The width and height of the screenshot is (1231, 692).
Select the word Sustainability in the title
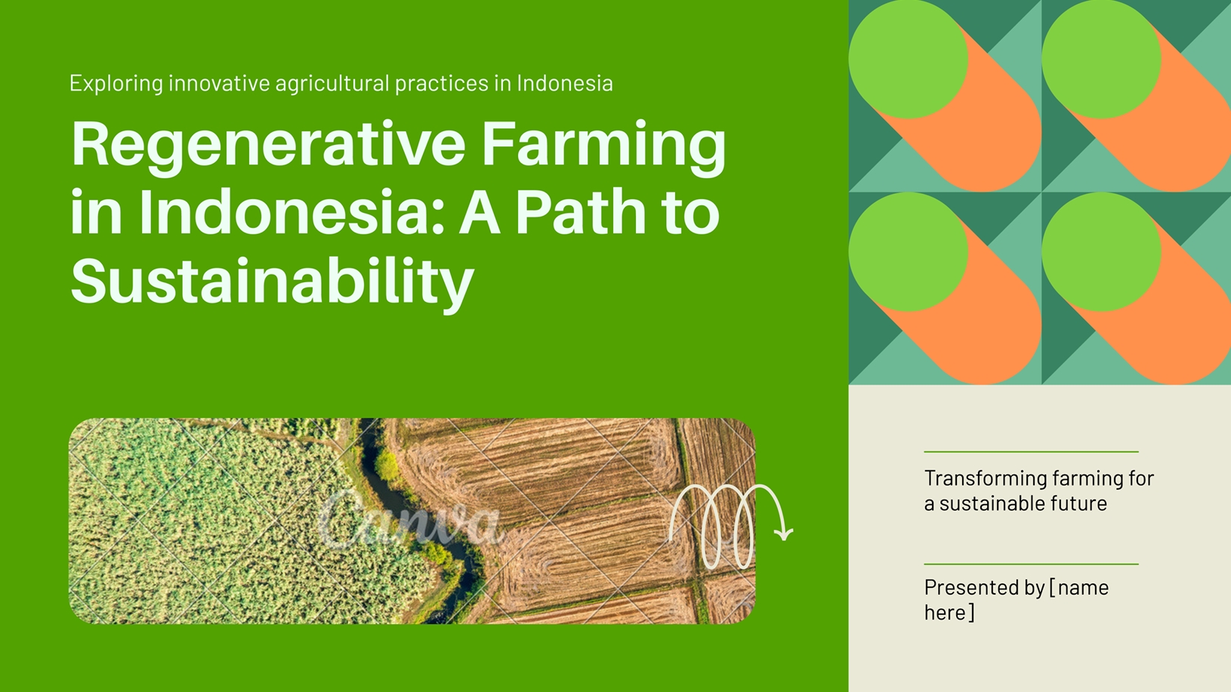[272, 281]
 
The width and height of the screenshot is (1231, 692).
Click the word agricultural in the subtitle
[332, 84]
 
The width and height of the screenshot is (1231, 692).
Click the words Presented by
[984, 588]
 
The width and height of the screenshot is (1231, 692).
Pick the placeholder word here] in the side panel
[949, 612]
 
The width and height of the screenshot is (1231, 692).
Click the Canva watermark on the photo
[409, 519]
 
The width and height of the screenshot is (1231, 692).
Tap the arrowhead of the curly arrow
[783, 534]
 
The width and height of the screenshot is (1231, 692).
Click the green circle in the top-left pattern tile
[909, 59]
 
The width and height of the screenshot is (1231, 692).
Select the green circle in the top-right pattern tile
[1101, 59]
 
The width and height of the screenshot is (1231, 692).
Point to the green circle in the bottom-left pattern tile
[909, 251]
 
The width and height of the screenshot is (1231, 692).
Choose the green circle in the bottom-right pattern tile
[1101, 251]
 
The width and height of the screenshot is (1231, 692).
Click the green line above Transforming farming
[1031, 452]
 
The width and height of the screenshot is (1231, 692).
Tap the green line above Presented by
[1031, 564]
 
